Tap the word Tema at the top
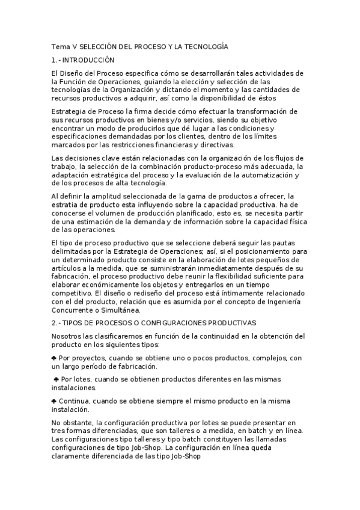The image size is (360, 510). [x=61, y=47]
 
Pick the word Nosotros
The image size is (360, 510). [x=67, y=336]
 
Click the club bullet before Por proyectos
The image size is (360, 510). [x=55, y=358]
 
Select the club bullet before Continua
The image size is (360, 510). [x=55, y=401]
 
